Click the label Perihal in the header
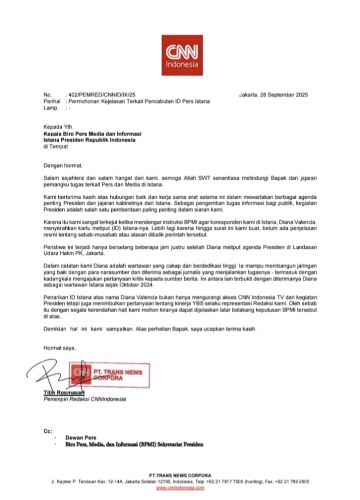point(52,101)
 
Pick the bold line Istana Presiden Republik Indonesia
point(89,140)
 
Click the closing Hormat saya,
point(59,348)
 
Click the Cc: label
point(49,430)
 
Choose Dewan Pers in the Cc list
point(77,437)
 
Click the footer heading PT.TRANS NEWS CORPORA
point(180,475)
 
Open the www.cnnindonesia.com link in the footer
point(180,488)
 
